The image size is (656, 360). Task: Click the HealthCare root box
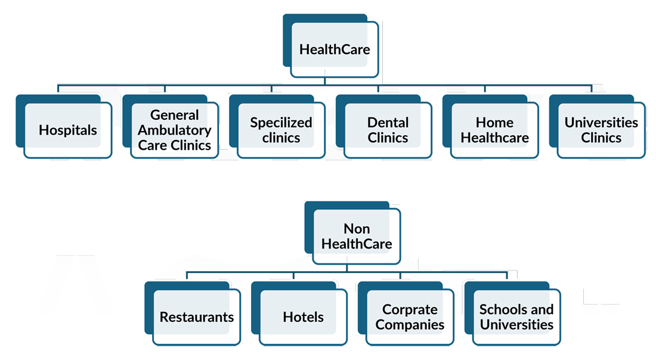(334, 49)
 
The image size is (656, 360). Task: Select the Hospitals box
(67, 130)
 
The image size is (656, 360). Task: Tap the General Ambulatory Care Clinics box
(174, 130)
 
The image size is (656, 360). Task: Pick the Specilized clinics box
(281, 130)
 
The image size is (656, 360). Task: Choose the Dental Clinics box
(388, 130)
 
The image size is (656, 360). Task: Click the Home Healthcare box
(494, 130)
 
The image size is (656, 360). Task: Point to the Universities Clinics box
(601, 130)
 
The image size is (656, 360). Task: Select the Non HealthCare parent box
(357, 236)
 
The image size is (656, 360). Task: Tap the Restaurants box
(196, 317)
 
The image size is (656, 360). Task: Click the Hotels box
(303, 317)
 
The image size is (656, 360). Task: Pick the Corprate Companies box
(410, 317)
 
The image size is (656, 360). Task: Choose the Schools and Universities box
(516, 317)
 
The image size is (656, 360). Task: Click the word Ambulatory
(175, 130)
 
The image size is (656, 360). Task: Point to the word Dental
(388, 122)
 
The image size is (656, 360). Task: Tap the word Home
(494, 122)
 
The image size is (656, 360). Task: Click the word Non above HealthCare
(357, 228)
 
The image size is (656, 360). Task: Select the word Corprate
(410, 309)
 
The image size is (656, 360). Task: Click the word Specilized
(281, 122)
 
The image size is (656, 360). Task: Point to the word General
(175, 114)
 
